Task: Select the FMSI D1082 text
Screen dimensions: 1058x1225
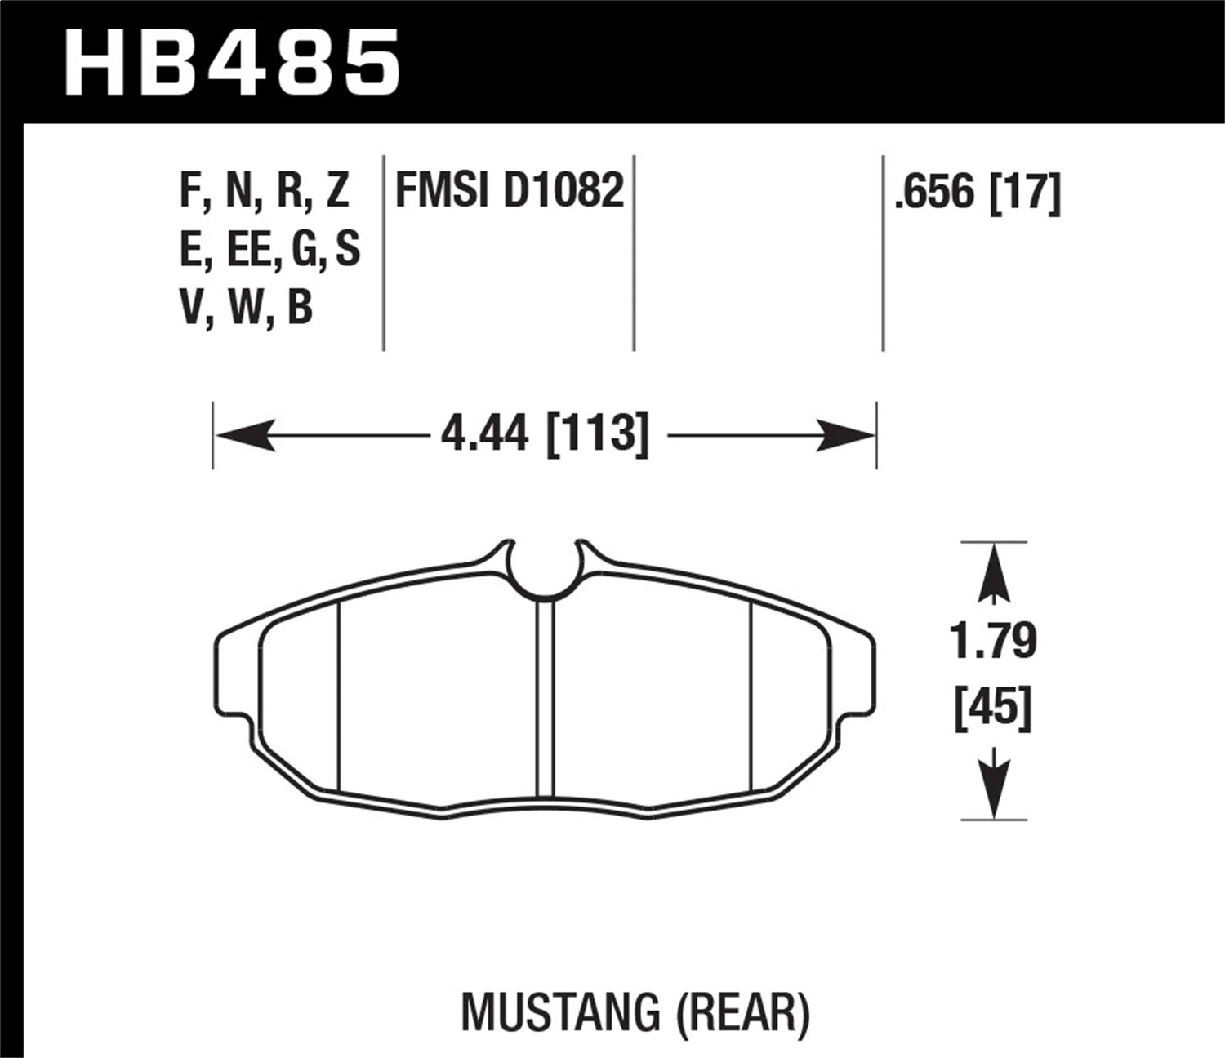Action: (x=510, y=191)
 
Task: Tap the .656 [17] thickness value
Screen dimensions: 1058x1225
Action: (x=978, y=193)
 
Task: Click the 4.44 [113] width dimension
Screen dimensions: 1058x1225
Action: (x=544, y=433)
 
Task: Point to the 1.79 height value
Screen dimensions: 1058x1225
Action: (x=993, y=641)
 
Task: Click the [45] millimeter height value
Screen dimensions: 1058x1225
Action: (x=993, y=709)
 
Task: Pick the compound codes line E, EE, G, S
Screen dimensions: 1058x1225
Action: (x=269, y=250)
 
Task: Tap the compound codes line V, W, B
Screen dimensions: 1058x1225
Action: (x=247, y=309)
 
